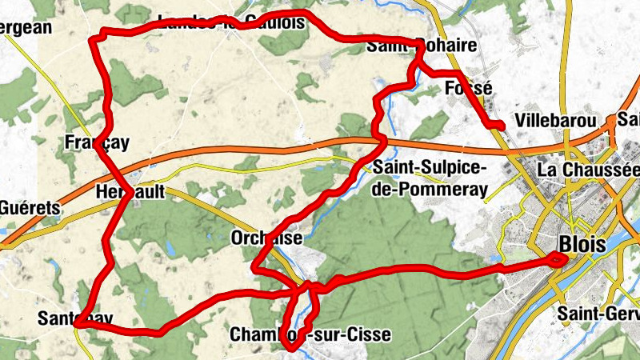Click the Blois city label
click(584, 245)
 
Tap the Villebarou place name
click(558, 122)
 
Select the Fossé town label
click(468, 88)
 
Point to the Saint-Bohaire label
click(422, 46)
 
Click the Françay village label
click(97, 142)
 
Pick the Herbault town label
click(130, 193)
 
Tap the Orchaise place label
click(266, 238)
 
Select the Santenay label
click(74, 318)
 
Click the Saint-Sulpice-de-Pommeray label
click(430, 178)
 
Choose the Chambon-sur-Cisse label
click(310, 334)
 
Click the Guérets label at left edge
click(30, 208)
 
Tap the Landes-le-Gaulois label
click(232, 22)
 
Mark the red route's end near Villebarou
click(500, 126)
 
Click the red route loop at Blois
click(557, 258)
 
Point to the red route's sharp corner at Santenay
click(78, 323)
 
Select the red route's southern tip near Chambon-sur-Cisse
click(290, 347)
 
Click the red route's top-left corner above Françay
click(101, 36)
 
